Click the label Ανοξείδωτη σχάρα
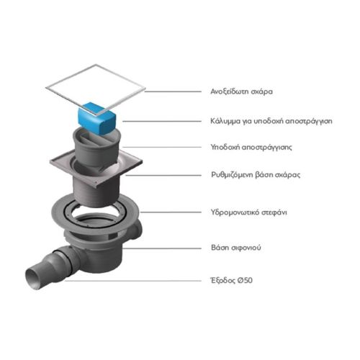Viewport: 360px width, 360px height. tap(241, 91)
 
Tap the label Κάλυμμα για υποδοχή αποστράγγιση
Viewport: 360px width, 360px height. tap(271, 121)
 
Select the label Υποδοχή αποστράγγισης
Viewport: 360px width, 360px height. tap(251, 147)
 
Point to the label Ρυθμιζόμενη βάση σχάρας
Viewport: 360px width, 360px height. tap(256, 175)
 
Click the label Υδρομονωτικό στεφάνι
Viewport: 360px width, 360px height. tap(248, 212)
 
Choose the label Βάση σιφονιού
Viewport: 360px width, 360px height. tap(236, 248)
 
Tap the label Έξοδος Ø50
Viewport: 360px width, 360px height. tap(231, 280)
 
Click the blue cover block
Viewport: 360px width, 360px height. tap(97, 118)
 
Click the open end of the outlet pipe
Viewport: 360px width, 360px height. tap(33, 279)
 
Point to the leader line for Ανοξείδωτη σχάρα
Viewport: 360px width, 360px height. tap(173, 91)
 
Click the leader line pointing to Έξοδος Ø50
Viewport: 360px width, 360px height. tap(133, 281)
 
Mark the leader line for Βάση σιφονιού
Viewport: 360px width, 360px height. tap(162, 248)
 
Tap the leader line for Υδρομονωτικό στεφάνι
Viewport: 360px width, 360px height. tap(171, 212)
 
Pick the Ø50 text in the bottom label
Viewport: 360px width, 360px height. tap(245, 280)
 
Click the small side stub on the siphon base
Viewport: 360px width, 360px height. tap(137, 230)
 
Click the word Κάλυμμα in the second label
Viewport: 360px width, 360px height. tap(225, 121)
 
